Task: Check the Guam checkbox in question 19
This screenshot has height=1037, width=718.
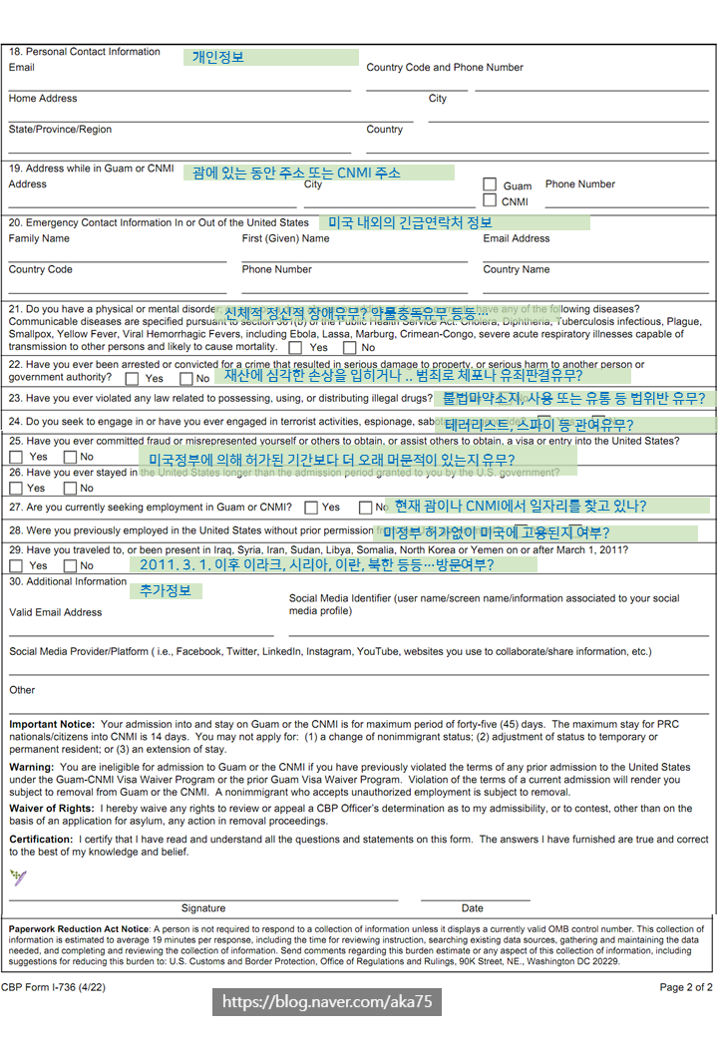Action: [x=490, y=184]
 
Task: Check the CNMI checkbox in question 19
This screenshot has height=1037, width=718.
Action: [x=490, y=201]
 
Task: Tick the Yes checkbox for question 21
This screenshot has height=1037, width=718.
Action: [x=296, y=348]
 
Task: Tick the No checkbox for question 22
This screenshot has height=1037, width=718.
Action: [x=186, y=379]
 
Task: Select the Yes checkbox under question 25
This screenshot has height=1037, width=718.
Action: [x=16, y=457]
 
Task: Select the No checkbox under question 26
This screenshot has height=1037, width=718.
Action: [x=70, y=489]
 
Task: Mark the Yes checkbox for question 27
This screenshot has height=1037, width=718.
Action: [x=311, y=508]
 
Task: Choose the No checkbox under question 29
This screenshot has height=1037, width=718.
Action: [x=70, y=566]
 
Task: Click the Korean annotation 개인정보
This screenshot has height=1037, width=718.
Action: [x=217, y=57]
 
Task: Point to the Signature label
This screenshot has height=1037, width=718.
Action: [x=203, y=908]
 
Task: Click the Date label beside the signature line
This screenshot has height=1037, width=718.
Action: [x=472, y=908]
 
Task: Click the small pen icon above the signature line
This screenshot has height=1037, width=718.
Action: [x=18, y=878]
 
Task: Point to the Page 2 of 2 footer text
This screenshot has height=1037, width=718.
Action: [x=686, y=987]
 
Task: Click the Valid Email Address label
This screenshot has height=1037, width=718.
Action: [x=55, y=612]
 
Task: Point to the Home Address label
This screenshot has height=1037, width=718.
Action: [x=43, y=99]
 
